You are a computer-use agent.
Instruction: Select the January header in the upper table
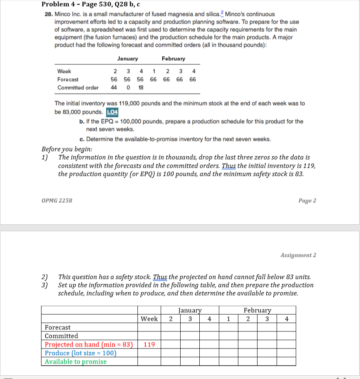click(x=127, y=59)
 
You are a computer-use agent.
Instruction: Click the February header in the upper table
click(x=173, y=59)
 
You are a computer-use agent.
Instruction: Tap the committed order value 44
click(x=114, y=88)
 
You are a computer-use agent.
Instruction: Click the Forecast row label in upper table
click(x=68, y=79)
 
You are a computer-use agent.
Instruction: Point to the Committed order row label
click(x=78, y=88)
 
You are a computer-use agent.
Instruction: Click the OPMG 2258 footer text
click(x=57, y=200)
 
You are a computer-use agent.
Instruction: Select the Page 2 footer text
click(x=307, y=200)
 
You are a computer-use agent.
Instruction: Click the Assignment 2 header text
click(x=298, y=255)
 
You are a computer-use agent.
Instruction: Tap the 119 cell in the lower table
click(x=149, y=344)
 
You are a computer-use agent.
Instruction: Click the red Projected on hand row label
click(x=89, y=344)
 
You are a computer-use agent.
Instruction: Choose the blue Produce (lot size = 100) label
click(x=81, y=353)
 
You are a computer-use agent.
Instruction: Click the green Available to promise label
click(x=75, y=361)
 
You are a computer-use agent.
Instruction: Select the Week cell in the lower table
click(x=149, y=319)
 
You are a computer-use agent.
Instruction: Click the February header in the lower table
click(x=257, y=310)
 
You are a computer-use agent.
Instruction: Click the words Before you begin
click(x=67, y=148)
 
